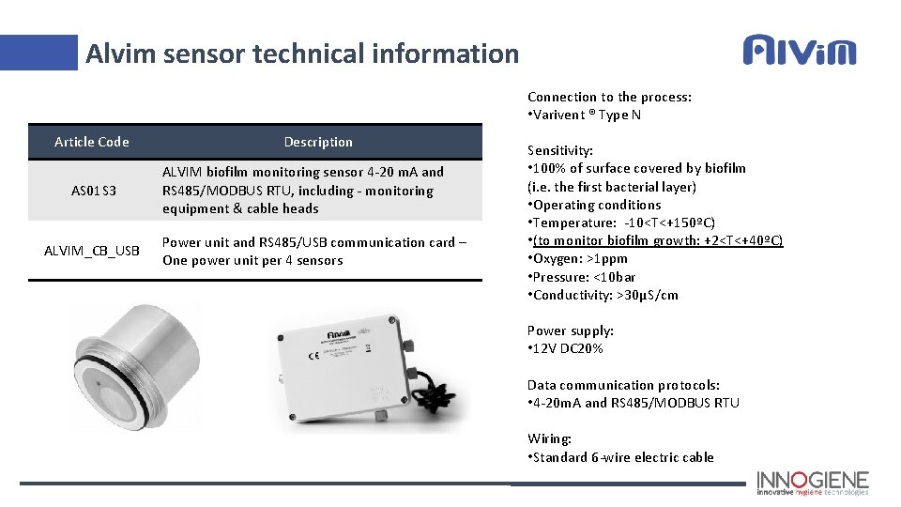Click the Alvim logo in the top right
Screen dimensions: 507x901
[800, 50]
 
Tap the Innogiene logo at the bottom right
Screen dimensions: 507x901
[814, 483]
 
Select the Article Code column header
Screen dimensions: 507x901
[92, 142]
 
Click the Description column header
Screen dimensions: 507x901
[318, 142]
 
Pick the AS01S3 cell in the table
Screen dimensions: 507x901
[94, 191]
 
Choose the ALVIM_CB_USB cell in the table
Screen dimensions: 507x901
[92, 250]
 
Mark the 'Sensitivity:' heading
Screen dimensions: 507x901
[560, 150]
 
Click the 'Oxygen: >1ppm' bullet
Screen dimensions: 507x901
[579, 258]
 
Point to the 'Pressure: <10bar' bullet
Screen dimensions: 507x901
[583, 277]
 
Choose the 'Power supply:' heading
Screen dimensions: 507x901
[571, 330]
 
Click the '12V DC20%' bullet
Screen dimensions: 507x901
[567, 348]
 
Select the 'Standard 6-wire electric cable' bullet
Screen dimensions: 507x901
[622, 457]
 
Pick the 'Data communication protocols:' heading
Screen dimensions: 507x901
[623, 385]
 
